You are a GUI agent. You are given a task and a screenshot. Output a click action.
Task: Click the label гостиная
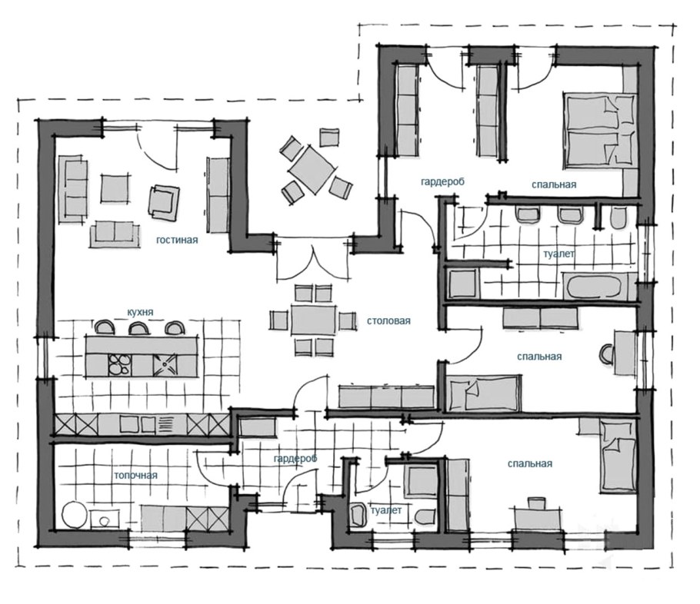coord(177,240)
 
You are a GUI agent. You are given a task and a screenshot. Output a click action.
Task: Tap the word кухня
coord(140,312)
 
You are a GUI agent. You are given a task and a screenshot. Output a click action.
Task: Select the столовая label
coord(388,320)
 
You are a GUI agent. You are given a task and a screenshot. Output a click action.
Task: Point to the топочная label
coord(135,475)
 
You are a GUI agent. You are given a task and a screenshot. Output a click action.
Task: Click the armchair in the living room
coord(164,202)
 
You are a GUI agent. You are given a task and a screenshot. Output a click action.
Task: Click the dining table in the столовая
coord(314,320)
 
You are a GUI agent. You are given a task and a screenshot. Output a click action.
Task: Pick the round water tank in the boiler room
coord(75,515)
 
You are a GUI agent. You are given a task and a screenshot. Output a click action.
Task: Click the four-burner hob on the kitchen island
coord(120,364)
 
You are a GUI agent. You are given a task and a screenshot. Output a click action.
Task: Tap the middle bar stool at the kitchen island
coord(138,327)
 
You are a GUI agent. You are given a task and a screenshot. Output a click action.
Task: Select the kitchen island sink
coord(165,364)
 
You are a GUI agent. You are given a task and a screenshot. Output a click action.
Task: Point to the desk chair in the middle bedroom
coord(607,353)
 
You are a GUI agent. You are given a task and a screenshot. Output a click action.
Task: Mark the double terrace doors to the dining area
coord(313,263)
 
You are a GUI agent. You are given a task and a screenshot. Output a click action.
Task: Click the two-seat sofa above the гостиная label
coord(115,234)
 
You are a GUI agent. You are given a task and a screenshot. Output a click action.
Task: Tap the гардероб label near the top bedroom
coord(442,181)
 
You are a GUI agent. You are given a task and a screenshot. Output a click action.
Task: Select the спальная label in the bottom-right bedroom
coord(530,464)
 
